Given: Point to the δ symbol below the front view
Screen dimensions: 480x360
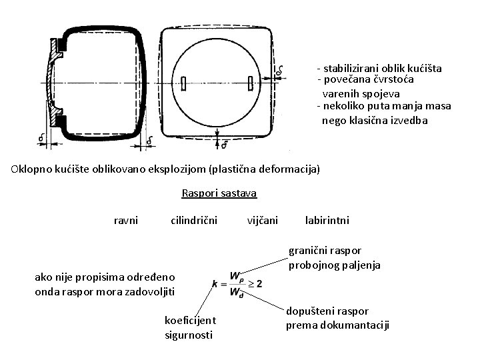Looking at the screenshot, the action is click(225, 143).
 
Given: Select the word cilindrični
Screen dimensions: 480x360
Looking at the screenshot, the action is click(194, 220).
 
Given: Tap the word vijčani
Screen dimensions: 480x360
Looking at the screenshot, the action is click(263, 220).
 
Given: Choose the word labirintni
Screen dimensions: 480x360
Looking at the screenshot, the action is click(327, 220).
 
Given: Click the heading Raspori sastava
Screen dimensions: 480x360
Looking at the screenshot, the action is click(219, 194).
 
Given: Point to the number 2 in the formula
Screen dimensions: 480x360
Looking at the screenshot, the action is click(259, 283).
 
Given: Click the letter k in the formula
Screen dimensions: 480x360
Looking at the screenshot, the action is click(214, 283).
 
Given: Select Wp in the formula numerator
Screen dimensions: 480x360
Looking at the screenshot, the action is click(236, 275).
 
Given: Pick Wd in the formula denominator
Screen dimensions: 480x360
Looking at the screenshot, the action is click(236, 291).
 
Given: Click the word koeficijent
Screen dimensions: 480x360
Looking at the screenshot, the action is click(190, 321).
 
